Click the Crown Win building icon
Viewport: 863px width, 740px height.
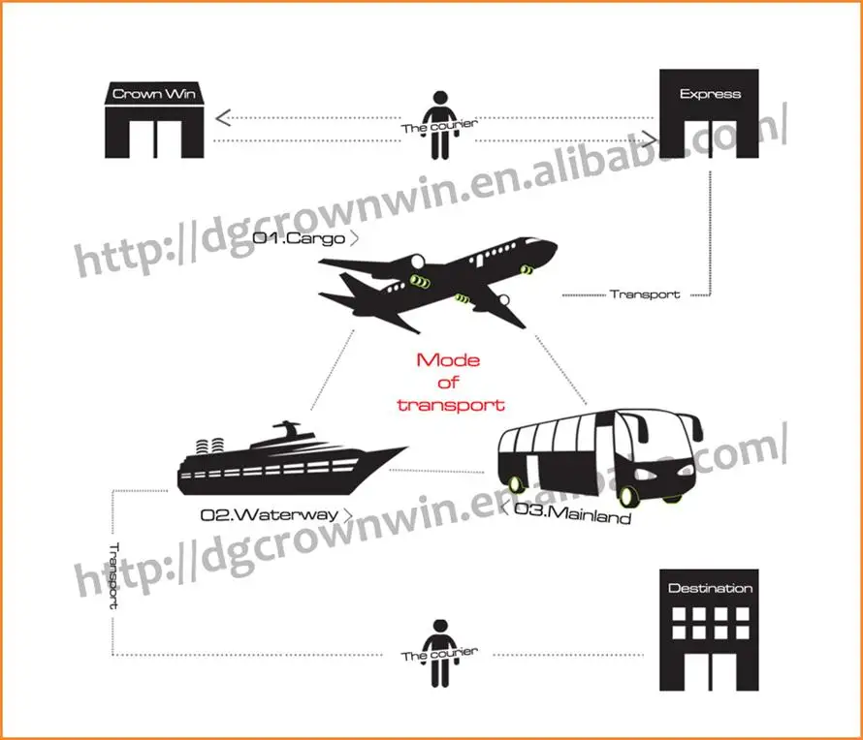tap(155, 120)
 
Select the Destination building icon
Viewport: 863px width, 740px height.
tap(710, 628)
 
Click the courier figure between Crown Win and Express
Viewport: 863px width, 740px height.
tap(440, 126)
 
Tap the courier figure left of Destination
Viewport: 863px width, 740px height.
tap(440, 654)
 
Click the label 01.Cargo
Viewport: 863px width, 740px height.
tap(301, 237)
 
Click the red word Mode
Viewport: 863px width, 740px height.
tap(448, 360)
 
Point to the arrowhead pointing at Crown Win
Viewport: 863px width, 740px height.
tap(222, 119)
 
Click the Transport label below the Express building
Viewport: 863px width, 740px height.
tap(645, 293)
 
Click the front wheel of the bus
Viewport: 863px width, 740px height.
tap(628, 496)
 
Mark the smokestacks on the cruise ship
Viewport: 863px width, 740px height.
tap(208, 447)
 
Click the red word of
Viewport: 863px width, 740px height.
tap(448, 384)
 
